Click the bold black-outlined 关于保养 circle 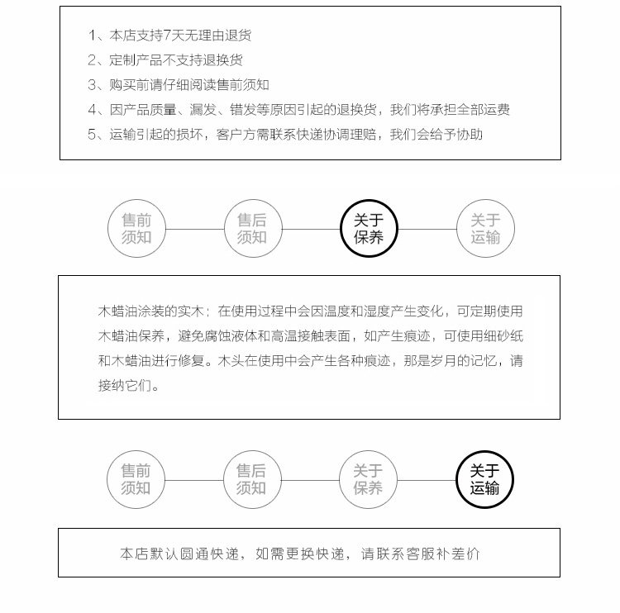[x=369, y=229]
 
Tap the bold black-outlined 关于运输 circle [x=485, y=479]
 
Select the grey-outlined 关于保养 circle [x=369, y=479]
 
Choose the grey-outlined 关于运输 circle [x=485, y=229]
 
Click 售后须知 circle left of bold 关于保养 [x=252, y=229]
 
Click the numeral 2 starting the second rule [x=93, y=60]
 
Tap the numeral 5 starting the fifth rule [x=93, y=135]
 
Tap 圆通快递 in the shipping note [x=219, y=554]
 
